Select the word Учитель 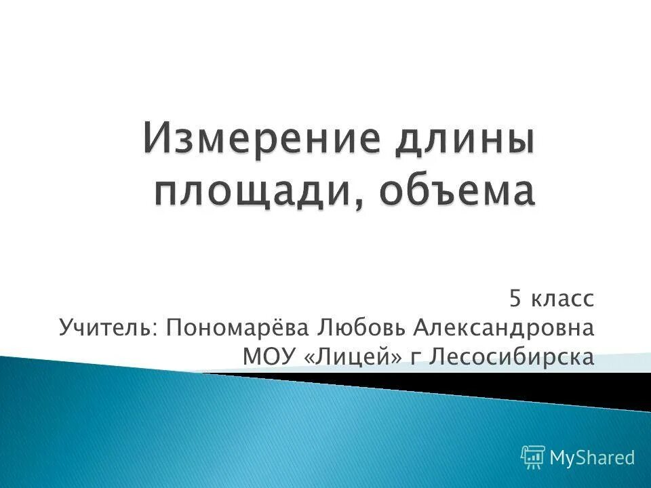tap(104, 327)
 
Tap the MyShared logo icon tap(533, 457)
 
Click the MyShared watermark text tap(592, 457)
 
